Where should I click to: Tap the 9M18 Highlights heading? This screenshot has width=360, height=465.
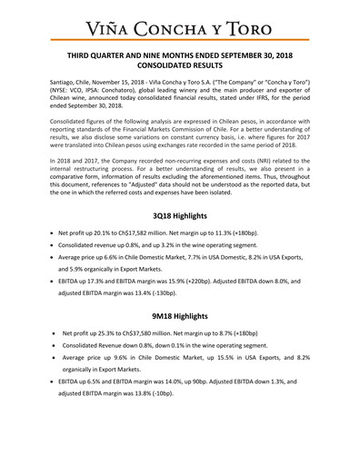tap(179, 342)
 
